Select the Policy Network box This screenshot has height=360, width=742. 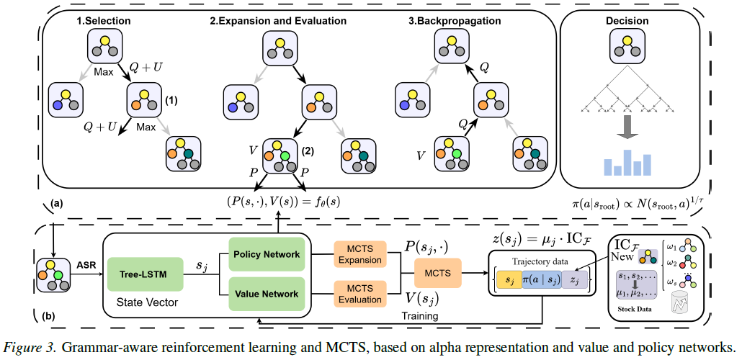point(266,254)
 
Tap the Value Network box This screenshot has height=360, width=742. point(266,294)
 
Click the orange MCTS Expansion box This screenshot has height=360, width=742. point(361,255)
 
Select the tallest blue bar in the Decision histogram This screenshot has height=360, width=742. point(628,162)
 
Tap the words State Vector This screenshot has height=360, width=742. point(148,302)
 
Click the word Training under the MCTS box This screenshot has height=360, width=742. point(420,315)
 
